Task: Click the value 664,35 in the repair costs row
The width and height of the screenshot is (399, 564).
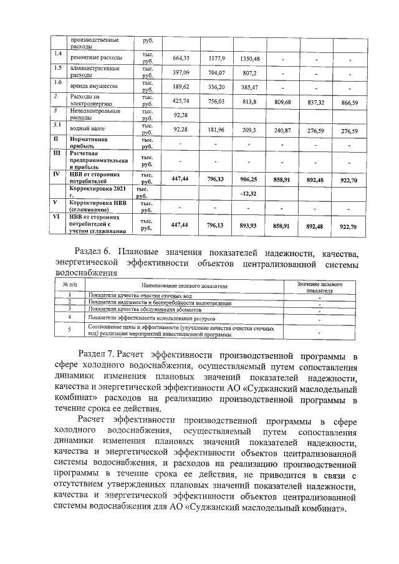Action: pyautogui.click(x=181, y=58)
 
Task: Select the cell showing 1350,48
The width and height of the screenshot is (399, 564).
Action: pyautogui.click(x=249, y=58)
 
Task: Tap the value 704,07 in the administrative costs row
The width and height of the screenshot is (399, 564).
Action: pyautogui.click(x=216, y=72)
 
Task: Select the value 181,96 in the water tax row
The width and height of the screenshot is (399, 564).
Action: pyautogui.click(x=216, y=130)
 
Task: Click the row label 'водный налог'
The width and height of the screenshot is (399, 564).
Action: pyautogui.click(x=86, y=130)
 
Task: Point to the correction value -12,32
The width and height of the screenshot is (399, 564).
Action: pyautogui.click(x=249, y=193)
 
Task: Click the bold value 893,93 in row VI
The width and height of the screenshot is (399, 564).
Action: pyautogui.click(x=249, y=226)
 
